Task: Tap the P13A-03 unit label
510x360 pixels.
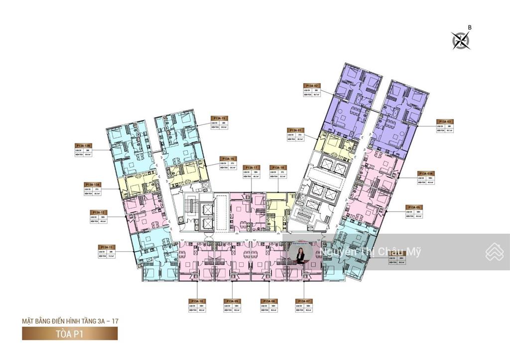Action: pos(445,121)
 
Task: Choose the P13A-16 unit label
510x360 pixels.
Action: pos(229,159)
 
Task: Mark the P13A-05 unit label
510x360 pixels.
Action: pos(415,207)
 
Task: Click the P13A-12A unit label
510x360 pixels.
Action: pos(94,184)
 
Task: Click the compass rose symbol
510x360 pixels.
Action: pos(461,40)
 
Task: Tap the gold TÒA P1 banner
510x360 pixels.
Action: pos(70,333)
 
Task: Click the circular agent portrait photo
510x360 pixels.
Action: pos(301,253)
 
